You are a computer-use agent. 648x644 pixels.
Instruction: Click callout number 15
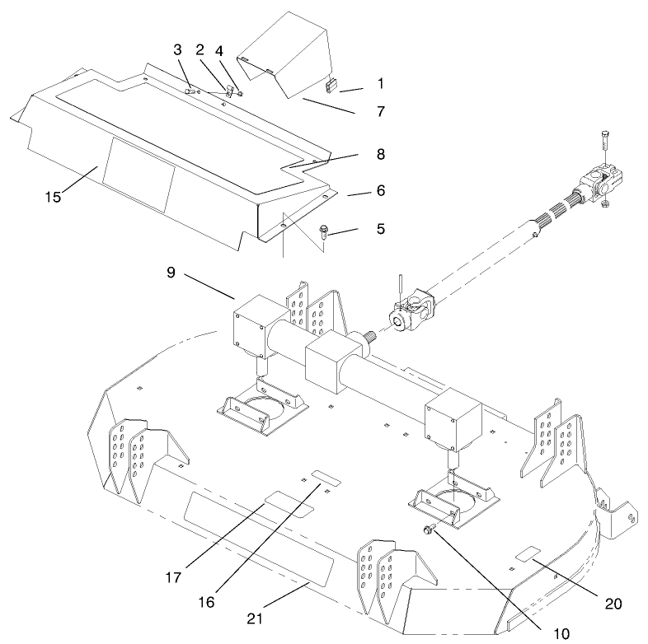coord(53,198)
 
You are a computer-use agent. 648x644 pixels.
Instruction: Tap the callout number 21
coord(256,615)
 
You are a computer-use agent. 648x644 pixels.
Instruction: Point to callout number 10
coord(561,633)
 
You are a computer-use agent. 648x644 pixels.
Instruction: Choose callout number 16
coord(206,602)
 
